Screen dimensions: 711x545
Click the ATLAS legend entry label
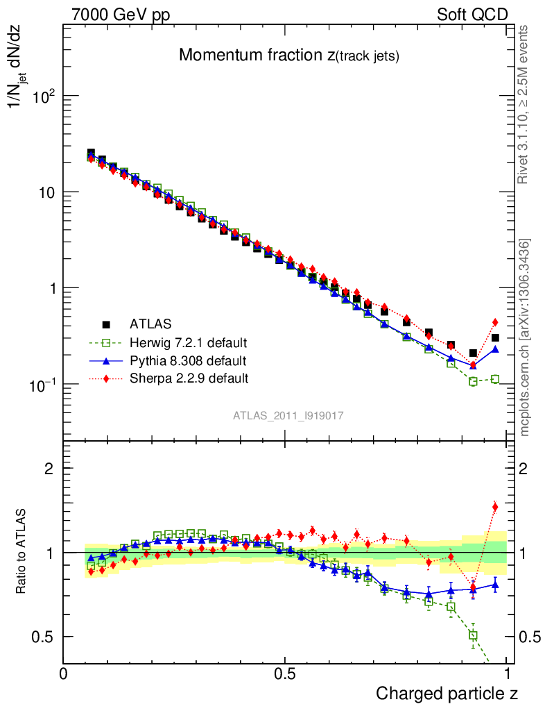coord(150,324)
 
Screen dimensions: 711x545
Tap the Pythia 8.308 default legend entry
coord(187,360)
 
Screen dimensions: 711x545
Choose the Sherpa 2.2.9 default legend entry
coord(189,378)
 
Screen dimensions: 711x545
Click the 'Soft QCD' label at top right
coord(472,15)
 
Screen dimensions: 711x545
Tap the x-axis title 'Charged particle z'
coord(447,693)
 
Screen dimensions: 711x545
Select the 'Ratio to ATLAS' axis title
coord(23,553)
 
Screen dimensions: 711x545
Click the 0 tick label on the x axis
coord(64,674)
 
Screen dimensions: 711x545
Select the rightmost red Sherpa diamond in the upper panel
coord(495,322)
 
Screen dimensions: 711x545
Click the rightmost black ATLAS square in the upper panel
coord(495,338)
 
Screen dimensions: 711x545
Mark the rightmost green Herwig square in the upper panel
coord(495,379)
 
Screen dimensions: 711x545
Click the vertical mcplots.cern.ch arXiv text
coord(526,337)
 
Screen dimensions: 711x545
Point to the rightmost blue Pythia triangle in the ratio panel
coord(495,585)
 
